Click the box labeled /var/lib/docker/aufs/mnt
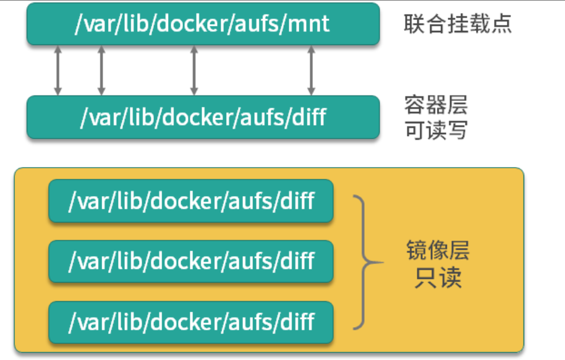point(203,24)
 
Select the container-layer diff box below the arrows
point(203,117)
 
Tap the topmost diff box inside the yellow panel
point(191,201)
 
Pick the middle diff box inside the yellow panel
point(191,261)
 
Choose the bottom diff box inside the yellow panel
point(191,322)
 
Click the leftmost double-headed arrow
point(57,70)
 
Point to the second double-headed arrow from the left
point(101,70)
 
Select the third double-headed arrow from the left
point(194,70)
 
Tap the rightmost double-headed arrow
point(311,70)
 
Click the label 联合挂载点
point(457,24)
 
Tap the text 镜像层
point(438,251)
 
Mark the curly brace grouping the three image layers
point(366,261)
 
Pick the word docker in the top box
point(189,24)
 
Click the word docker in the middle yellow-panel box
point(179,261)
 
